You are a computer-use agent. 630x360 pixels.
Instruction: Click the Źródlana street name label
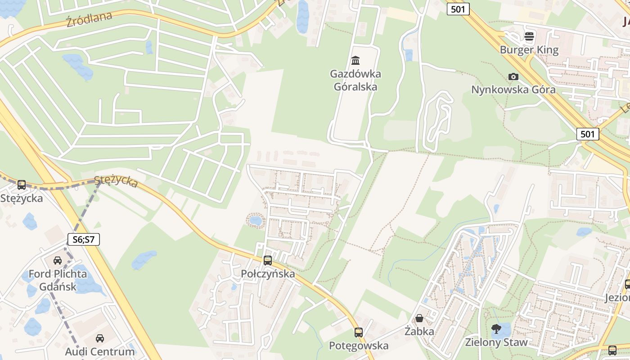pos(89,19)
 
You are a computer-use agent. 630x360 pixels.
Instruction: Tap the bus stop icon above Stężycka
pos(21,184)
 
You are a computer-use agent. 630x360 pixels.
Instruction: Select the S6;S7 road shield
pos(84,239)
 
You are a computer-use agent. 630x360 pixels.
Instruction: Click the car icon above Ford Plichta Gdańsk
pos(58,260)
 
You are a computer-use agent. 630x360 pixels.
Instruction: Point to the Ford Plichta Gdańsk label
pos(58,280)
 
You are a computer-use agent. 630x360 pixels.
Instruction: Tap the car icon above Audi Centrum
pos(100,338)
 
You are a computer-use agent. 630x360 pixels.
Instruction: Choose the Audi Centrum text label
pos(100,351)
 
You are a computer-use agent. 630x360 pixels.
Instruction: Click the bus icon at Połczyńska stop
pos(268,260)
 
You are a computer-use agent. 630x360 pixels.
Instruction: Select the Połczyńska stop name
pos(268,274)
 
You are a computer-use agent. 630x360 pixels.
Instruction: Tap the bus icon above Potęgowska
pos(359,332)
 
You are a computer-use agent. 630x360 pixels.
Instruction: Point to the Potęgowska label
pos(359,346)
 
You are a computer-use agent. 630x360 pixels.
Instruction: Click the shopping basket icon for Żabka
pos(419,318)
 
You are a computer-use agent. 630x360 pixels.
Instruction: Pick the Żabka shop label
pos(419,332)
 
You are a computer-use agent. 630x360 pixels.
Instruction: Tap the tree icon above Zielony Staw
pos(496,329)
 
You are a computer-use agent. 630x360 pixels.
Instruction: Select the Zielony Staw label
pos(496,342)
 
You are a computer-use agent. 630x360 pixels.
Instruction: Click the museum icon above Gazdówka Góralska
pos(355,60)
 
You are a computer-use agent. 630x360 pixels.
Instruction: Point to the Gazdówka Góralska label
pos(355,80)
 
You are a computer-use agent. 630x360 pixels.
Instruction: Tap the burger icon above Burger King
pos(529,36)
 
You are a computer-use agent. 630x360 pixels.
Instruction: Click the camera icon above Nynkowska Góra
pos(513,76)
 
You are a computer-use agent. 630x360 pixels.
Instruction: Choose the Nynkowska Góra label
pos(513,90)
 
